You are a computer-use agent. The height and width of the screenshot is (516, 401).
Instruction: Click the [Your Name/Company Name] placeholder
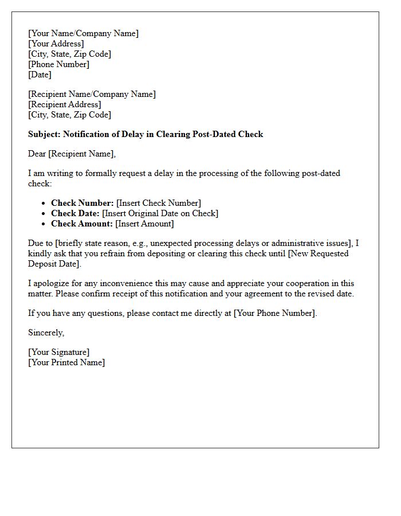click(x=83, y=33)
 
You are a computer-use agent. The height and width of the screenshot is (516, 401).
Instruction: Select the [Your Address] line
click(x=56, y=44)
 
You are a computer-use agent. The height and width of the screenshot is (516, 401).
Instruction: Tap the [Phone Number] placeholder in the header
click(x=58, y=64)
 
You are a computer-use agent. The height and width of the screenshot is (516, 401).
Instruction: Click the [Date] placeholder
click(x=40, y=75)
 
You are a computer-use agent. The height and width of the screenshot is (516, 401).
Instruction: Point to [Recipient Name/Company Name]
click(x=92, y=94)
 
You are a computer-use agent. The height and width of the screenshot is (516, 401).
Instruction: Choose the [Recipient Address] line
click(x=64, y=104)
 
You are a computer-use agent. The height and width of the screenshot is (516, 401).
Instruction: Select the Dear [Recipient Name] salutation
click(x=72, y=153)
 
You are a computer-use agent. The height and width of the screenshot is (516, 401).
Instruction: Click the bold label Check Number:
click(x=82, y=203)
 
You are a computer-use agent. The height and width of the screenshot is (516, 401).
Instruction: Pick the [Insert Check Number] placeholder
click(x=159, y=203)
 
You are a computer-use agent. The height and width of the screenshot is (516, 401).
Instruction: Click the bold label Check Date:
click(x=75, y=213)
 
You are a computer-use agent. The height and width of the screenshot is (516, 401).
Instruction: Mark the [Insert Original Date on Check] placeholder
click(x=160, y=213)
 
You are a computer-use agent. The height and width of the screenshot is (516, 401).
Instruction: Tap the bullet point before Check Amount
click(x=44, y=224)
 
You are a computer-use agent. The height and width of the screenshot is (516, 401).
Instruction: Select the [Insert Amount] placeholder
click(x=144, y=224)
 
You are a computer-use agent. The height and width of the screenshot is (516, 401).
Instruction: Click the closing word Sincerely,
click(x=46, y=333)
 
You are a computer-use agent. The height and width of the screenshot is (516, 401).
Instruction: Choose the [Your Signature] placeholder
click(x=58, y=352)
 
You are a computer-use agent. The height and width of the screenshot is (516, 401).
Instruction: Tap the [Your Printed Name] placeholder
click(x=66, y=362)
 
